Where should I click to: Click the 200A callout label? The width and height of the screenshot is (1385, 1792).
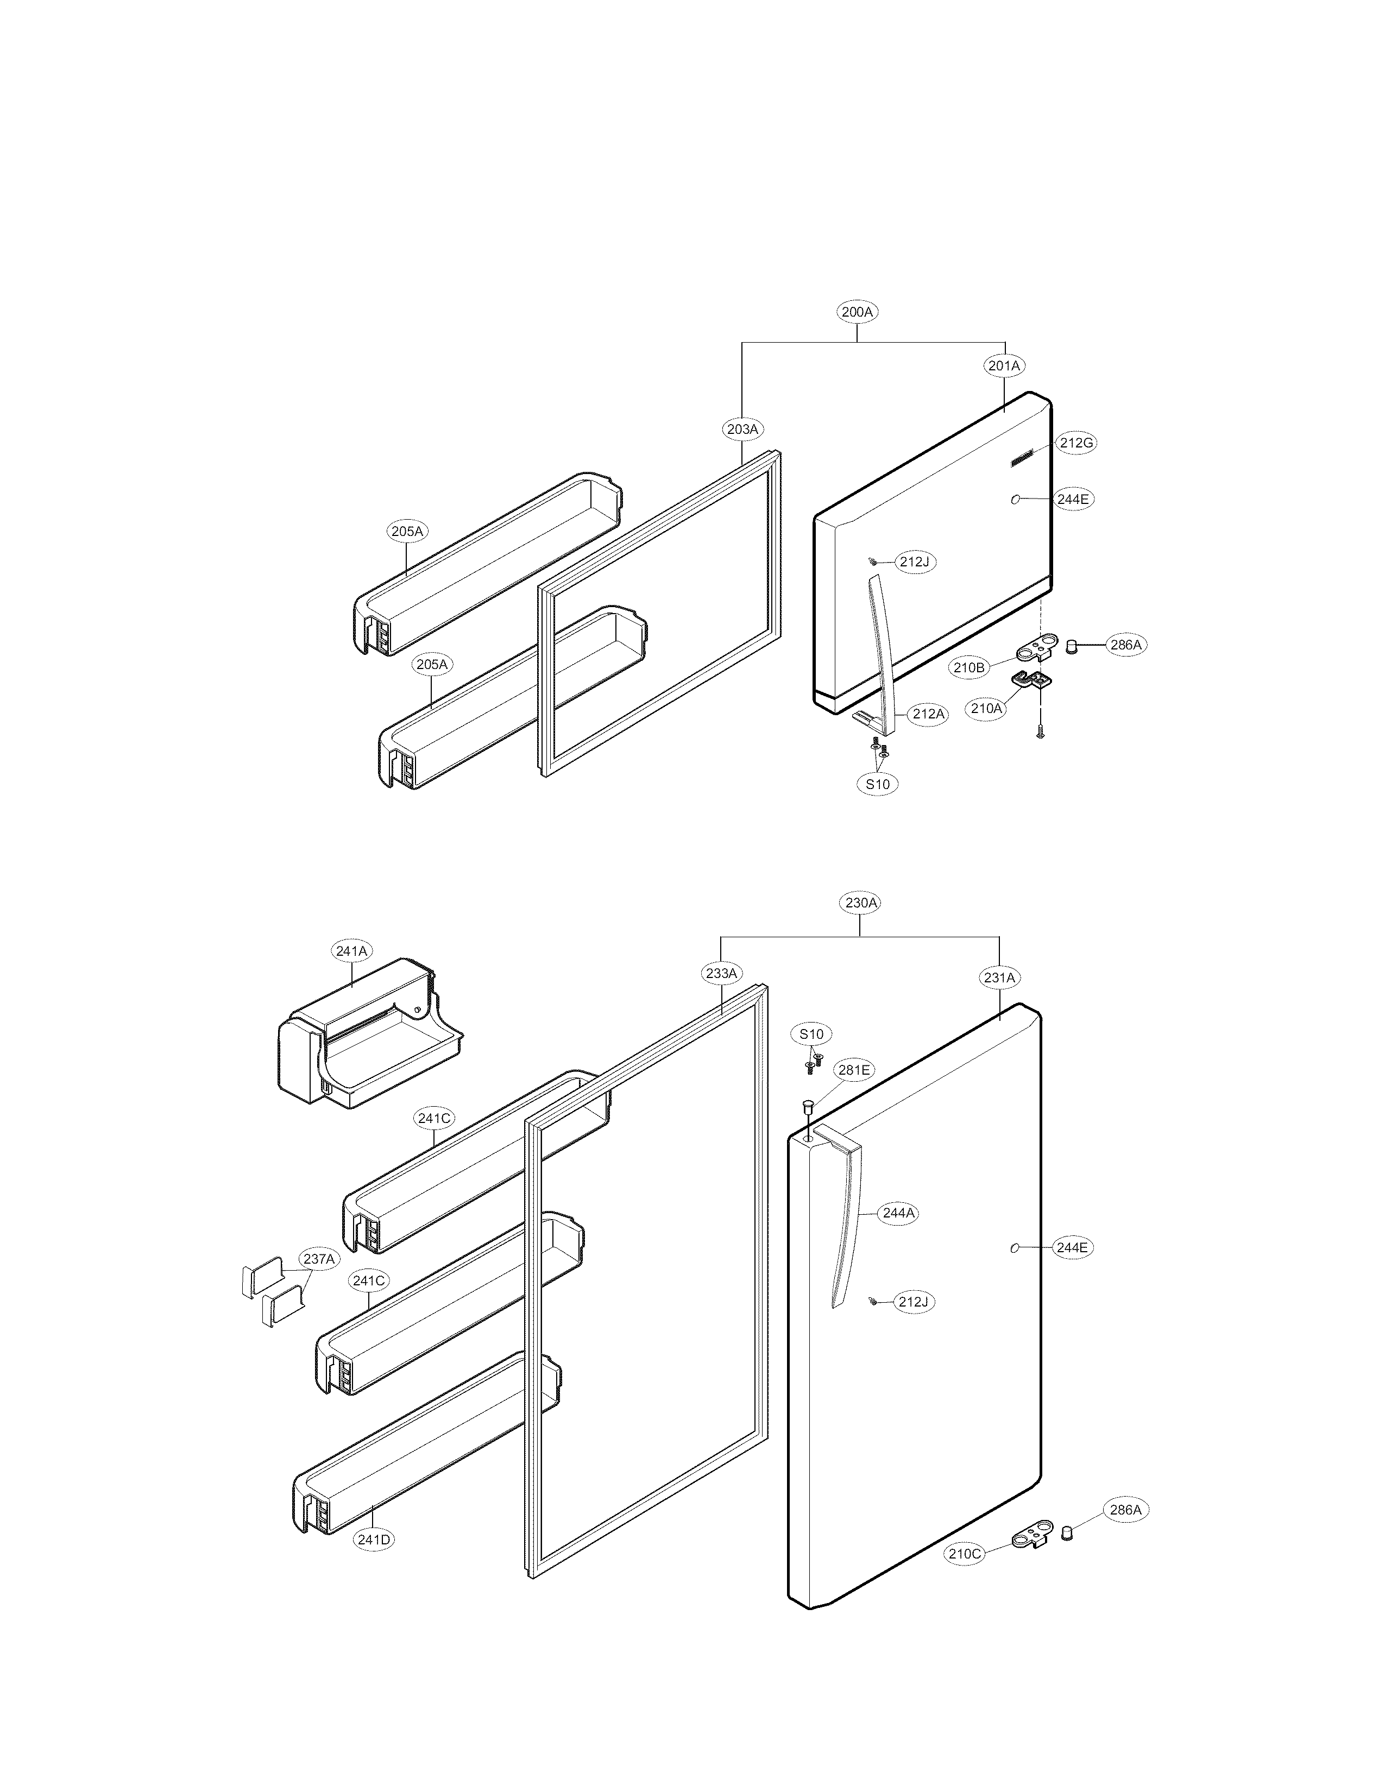pyautogui.click(x=858, y=312)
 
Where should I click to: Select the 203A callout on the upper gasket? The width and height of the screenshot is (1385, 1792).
pyautogui.click(x=742, y=428)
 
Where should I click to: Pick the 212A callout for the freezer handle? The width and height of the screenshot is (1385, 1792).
pyautogui.click(x=929, y=714)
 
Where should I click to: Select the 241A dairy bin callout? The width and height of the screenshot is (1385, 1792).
pyautogui.click(x=352, y=951)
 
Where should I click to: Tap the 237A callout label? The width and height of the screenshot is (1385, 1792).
pyautogui.click(x=318, y=1259)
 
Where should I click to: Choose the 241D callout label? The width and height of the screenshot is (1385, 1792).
pyautogui.click(x=373, y=1540)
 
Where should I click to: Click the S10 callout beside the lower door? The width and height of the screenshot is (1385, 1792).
pyautogui.click(x=811, y=1034)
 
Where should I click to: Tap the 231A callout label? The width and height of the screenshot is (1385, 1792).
pyautogui.click(x=999, y=978)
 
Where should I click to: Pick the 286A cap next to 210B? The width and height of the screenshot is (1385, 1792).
pyautogui.click(x=1072, y=647)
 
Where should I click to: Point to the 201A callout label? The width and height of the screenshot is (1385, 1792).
pyautogui.click(x=1004, y=366)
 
